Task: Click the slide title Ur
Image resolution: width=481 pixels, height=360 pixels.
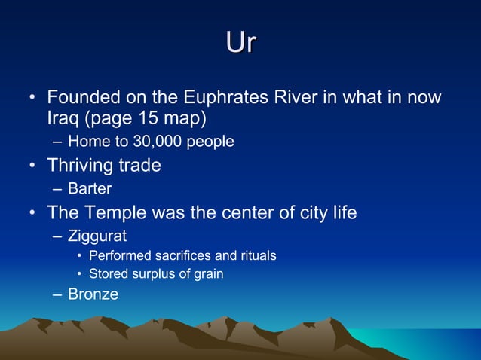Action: [240, 42]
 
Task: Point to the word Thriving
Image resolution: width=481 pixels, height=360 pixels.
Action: [81, 165]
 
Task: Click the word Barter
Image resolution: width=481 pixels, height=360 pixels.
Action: [90, 188]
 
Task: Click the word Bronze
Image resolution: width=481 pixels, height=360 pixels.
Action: [93, 294]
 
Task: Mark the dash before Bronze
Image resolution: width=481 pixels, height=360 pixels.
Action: [58, 294]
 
